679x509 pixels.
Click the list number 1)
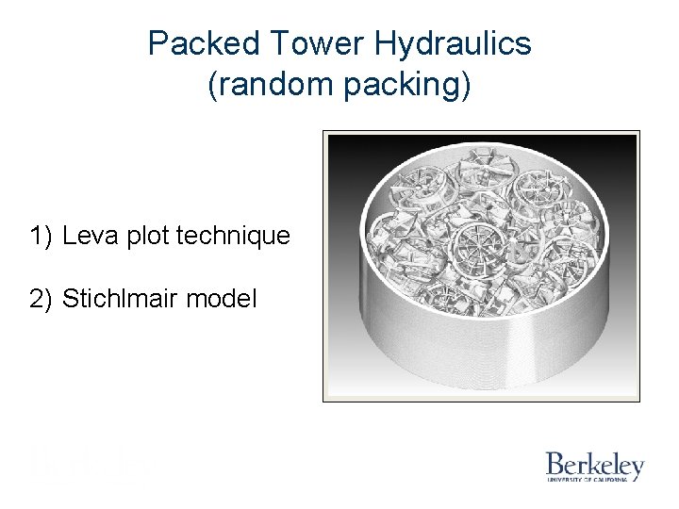coord(41,235)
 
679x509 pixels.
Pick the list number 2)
coord(41,300)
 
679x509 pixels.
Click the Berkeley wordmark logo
coord(594,464)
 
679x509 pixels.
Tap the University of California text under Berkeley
coord(588,480)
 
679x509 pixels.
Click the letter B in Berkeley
coord(554,464)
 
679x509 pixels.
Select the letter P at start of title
coord(157,43)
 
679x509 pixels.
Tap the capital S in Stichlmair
coord(70,300)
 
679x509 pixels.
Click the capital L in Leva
coord(70,235)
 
